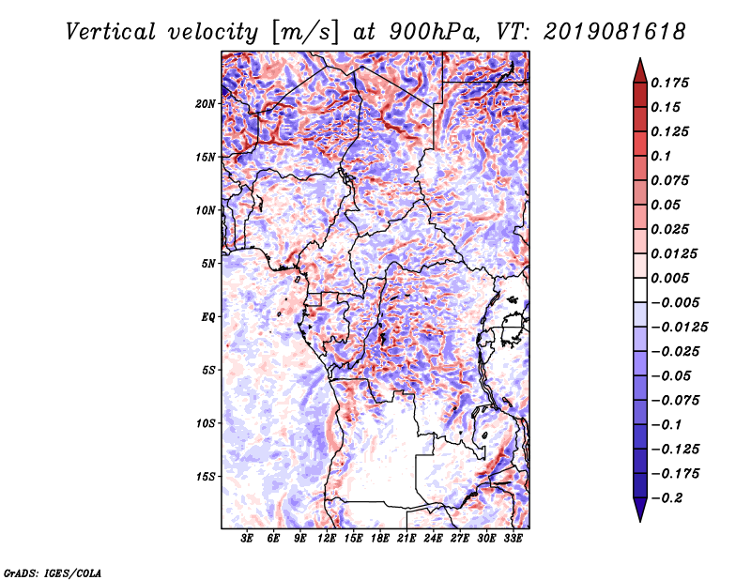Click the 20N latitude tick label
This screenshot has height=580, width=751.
point(206,104)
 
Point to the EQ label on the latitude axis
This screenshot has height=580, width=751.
point(208,317)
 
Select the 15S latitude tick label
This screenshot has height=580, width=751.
point(206,477)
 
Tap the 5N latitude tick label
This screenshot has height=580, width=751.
point(208,264)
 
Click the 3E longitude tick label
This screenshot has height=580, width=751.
point(247,539)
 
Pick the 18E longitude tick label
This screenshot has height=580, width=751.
point(380,539)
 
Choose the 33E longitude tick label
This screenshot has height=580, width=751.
point(513,539)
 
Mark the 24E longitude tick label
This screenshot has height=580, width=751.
point(433,539)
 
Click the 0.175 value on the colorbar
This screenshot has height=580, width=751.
point(669,83)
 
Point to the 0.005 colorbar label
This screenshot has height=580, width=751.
point(669,278)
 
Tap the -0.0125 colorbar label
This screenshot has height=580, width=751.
point(679,328)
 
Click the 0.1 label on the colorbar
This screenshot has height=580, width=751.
point(661,156)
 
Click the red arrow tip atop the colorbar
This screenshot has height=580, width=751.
point(640,59)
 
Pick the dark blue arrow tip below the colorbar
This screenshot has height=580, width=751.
point(640,521)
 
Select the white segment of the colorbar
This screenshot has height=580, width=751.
point(640,290)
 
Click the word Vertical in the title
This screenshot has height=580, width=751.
point(111,32)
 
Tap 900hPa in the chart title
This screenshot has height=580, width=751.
point(434,32)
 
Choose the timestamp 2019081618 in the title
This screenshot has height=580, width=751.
point(615,32)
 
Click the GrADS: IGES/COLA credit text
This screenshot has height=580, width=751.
point(53,572)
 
